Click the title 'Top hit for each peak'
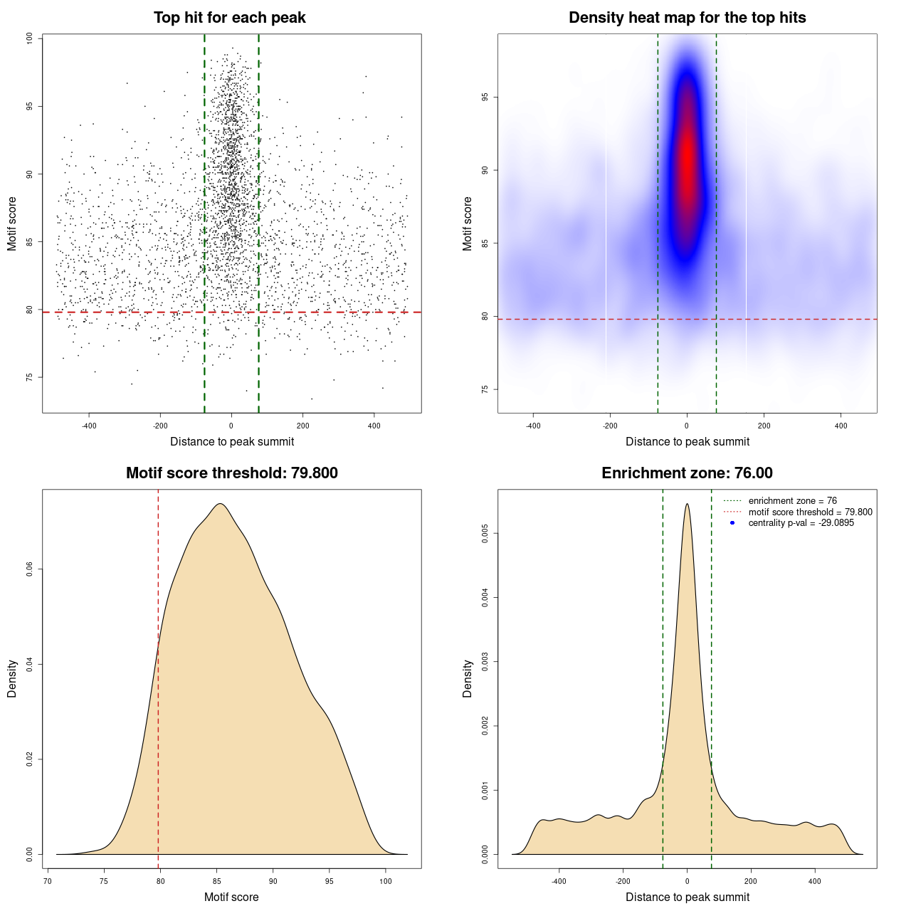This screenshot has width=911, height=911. pyautogui.click(x=229, y=18)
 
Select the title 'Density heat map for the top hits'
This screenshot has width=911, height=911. pyautogui.click(x=687, y=18)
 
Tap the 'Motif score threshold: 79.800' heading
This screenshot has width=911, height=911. pyautogui.click(x=231, y=473)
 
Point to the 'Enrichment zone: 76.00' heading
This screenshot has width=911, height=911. pyautogui.click(x=687, y=473)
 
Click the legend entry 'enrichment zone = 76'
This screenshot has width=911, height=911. pyautogui.click(x=792, y=501)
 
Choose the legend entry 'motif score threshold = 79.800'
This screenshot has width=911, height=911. pyautogui.click(x=810, y=512)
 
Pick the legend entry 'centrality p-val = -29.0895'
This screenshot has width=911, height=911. pyautogui.click(x=801, y=523)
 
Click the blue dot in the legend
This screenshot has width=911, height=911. pyautogui.click(x=732, y=523)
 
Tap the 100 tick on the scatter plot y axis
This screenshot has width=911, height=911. pyautogui.click(x=29, y=38)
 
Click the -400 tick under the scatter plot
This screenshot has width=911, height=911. pyautogui.click(x=89, y=426)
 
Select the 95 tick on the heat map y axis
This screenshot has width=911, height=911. pyautogui.click(x=485, y=97)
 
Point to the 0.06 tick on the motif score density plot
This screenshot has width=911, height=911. pyautogui.click(x=29, y=569)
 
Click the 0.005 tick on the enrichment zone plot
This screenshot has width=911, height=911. pyautogui.click(x=485, y=533)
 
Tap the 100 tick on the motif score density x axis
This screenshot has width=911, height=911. pyautogui.click(x=385, y=881)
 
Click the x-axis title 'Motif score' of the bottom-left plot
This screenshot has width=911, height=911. pyautogui.click(x=231, y=897)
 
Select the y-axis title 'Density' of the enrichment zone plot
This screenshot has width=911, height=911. pyautogui.click(x=468, y=678)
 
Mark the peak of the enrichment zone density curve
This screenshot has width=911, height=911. pyautogui.click(x=687, y=504)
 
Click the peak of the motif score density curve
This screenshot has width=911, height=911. pyautogui.click(x=221, y=504)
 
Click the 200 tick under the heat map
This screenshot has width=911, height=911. pyautogui.click(x=764, y=426)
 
